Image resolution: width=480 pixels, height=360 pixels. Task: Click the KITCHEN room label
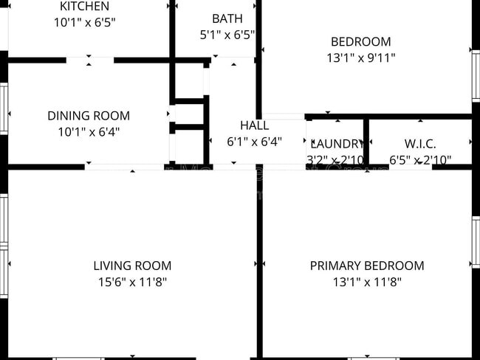pyautogui.click(x=85, y=7)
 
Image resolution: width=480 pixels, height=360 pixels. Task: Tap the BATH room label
pyautogui.click(x=225, y=18)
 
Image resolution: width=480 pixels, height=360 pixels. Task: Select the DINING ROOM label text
pyautogui.click(x=89, y=116)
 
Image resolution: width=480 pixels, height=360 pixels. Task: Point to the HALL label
pyautogui.click(x=254, y=125)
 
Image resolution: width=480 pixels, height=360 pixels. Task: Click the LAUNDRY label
pyautogui.click(x=336, y=144)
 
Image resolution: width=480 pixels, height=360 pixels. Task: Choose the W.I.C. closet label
pyautogui.click(x=419, y=144)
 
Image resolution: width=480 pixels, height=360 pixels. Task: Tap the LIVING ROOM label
pyautogui.click(x=132, y=266)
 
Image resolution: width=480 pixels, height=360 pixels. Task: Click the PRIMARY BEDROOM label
pyautogui.click(x=367, y=266)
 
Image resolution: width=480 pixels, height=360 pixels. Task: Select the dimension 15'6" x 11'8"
pyautogui.click(x=132, y=282)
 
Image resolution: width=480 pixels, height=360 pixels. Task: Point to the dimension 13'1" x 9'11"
pyautogui.click(x=361, y=58)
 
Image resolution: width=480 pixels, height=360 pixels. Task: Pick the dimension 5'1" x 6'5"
pyautogui.click(x=225, y=35)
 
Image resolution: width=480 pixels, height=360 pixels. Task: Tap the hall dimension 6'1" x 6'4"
pyautogui.click(x=254, y=142)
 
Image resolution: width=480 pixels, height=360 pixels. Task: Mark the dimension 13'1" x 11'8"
pyautogui.click(x=367, y=282)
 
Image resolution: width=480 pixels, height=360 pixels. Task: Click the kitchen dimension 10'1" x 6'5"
pyautogui.click(x=85, y=23)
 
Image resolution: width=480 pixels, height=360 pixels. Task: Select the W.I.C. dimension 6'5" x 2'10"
pyautogui.click(x=419, y=159)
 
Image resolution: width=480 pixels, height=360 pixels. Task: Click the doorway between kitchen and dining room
pyautogui.click(x=89, y=60)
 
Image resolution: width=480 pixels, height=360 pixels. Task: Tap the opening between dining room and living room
pyautogui.click(x=124, y=167)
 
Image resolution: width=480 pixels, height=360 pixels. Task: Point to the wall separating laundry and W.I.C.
pyautogui.click(x=366, y=142)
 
